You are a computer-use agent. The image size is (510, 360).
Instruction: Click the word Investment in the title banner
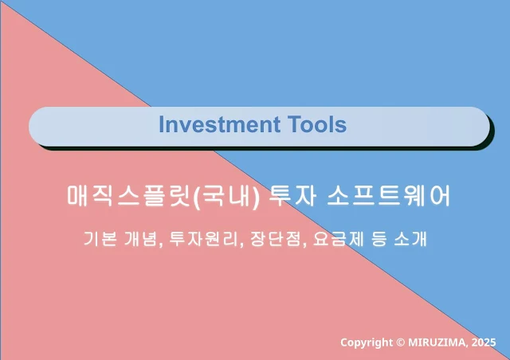(220, 124)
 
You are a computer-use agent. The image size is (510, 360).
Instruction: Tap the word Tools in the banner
(317, 124)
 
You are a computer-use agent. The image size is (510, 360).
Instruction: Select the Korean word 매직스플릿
(128, 196)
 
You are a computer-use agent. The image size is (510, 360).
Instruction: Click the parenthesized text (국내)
(226, 197)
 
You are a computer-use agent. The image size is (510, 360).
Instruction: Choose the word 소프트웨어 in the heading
(389, 196)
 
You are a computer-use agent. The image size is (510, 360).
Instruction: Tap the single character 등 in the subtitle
(379, 239)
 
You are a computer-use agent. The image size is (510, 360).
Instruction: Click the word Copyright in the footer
(367, 342)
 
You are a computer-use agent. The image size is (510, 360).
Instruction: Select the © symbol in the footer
(401, 342)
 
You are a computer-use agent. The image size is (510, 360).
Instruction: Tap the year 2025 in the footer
(484, 342)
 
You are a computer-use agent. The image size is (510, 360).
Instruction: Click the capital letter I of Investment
(162, 124)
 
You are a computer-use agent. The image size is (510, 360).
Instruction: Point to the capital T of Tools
(295, 124)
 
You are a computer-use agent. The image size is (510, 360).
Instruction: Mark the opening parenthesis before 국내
(197, 197)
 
